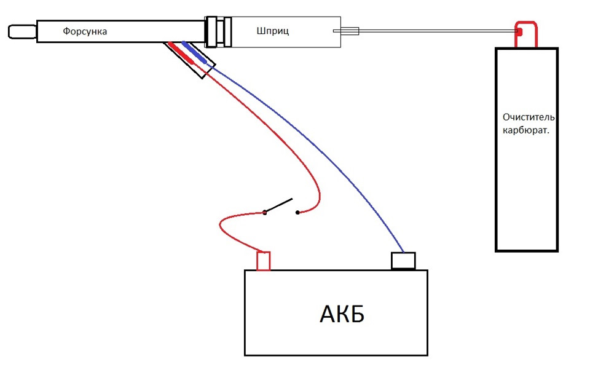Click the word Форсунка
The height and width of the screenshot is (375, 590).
pos(85,31)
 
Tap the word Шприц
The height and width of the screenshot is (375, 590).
pos(273,31)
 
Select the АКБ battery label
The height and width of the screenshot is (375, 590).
pos(342,314)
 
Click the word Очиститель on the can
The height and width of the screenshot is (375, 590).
pos(529,117)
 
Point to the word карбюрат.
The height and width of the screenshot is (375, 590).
pos(525,131)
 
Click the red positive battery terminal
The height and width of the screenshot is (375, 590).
pos(264,261)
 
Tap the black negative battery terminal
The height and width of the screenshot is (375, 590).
pos(403,261)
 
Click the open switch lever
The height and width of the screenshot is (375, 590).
pos(278,205)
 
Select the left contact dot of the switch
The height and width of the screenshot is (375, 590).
pos(264,213)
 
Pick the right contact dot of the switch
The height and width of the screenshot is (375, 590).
pos(297,212)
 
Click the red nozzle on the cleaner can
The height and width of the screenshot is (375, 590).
pos(526,34)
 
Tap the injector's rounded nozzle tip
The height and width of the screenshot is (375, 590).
pos(22,31)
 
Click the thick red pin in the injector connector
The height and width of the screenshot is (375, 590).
pos(181,53)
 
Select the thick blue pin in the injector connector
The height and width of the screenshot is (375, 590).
pos(194,52)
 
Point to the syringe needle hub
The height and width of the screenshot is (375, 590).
pos(346,31)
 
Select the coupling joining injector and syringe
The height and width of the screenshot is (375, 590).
pos(218,32)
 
